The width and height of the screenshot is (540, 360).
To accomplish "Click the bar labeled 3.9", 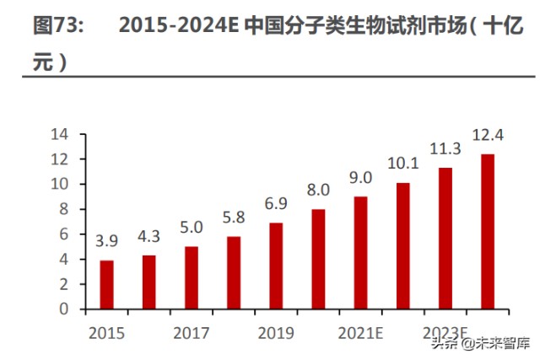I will (106, 284).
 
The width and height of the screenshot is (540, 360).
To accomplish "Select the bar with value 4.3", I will (148, 282).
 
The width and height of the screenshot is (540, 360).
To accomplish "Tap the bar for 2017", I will (191, 277).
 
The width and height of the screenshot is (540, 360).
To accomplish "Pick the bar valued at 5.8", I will (234, 272).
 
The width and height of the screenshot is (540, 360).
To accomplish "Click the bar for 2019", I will (276, 266).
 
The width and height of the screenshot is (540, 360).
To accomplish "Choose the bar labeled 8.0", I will (318, 259).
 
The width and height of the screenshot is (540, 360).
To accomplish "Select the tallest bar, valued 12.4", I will (488, 231).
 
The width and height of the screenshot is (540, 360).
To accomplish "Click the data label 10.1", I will (402, 163).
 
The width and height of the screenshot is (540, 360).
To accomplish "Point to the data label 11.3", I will (445, 148).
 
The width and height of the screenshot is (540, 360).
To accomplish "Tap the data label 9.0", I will (360, 177).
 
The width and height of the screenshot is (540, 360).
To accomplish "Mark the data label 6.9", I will (276, 203).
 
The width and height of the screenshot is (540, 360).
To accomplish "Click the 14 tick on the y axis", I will (59, 134).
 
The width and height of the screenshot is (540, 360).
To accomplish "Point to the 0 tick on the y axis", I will (62, 309).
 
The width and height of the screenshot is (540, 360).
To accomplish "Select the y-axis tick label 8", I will (62, 209).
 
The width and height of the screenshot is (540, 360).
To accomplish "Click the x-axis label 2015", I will (106, 333).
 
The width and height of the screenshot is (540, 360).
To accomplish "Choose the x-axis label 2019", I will (276, 333).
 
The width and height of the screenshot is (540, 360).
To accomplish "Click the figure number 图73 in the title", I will (57, 25).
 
